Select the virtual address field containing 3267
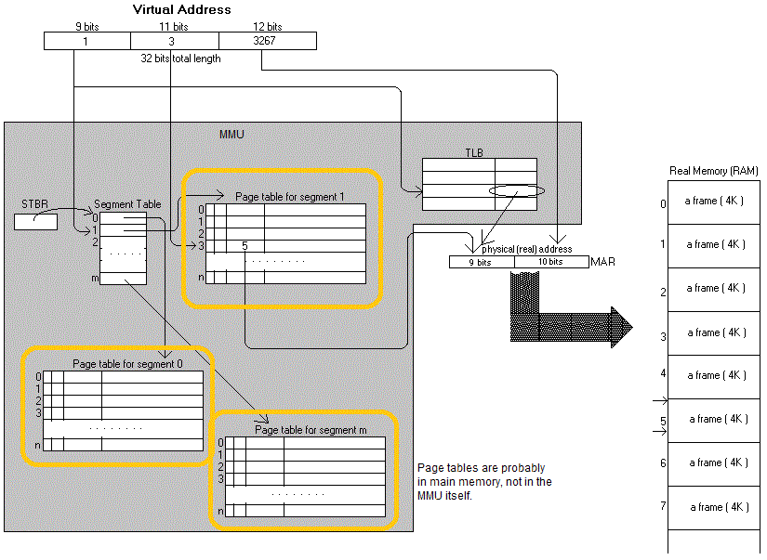click(267, 41)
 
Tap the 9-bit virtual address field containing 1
click(86, 41)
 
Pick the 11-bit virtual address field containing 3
click(174, 41)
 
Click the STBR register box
click(35, 221)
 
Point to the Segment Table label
click(128, 204)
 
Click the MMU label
click(231, 136)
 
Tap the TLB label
click(474, 151)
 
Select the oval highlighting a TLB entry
click(516, 189)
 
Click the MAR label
click(603, 262)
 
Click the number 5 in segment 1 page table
click(245, 246)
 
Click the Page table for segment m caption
click(311, 430)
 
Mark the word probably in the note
click(523, 468)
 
